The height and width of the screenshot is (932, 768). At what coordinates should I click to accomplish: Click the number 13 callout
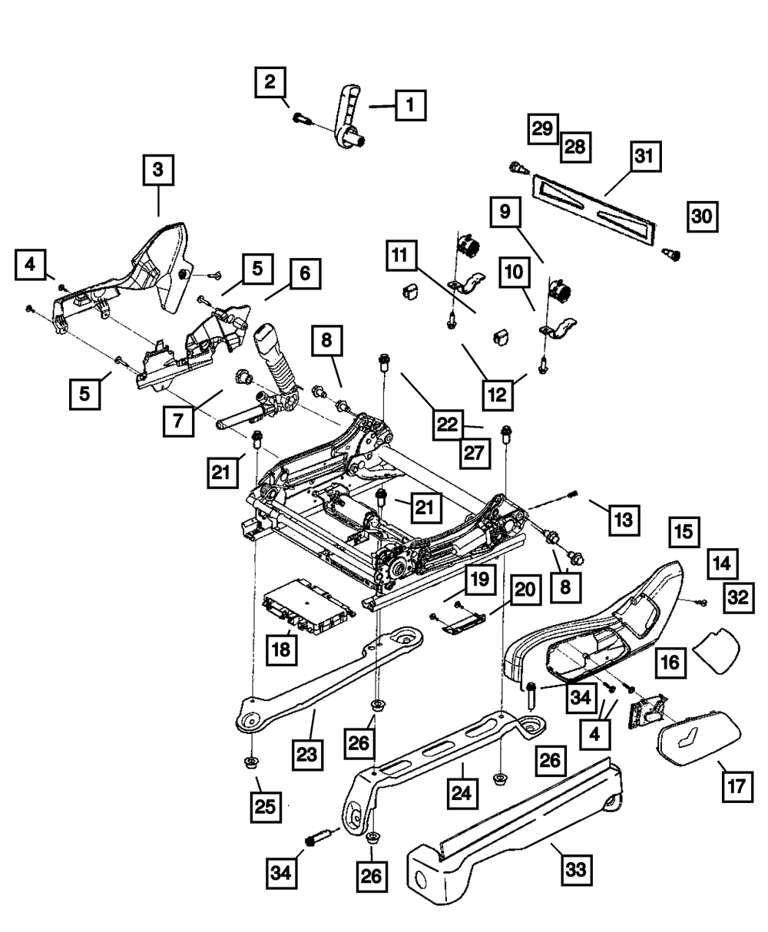[623, 521]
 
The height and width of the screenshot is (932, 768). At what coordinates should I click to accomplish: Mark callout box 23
[307, 754]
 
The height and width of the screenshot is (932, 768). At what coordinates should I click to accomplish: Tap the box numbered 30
[700, 217]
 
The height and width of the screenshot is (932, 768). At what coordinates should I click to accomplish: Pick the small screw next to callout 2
[300, 118]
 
